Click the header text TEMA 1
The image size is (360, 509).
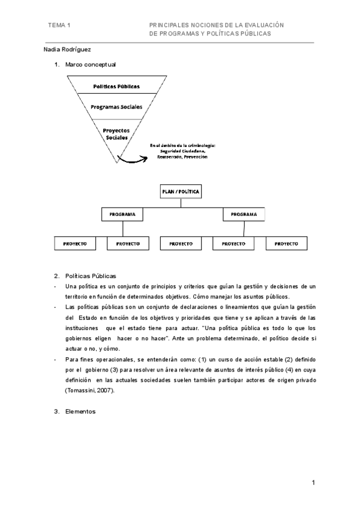tap(60, 25)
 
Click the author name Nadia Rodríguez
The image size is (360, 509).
tap(68, 50)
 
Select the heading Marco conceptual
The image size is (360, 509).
tap(91, 64)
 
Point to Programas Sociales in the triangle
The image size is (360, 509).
tap(116, 107)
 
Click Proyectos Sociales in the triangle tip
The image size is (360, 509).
tap(116, 133)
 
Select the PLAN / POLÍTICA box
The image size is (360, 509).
tap(180, 192)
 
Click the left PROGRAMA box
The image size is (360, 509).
tap(122, 214)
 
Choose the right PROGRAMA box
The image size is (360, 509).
tap(244, 214)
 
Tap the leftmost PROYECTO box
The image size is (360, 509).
tap(75, 244)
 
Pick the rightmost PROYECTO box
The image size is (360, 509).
tap(286, 244)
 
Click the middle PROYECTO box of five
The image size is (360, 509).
tap(181, 244)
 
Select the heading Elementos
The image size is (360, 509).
tap(80, 412)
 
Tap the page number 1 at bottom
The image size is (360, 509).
tap(313, 483)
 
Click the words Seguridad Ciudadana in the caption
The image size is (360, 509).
tap(182, 151)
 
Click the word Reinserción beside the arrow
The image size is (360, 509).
tap(170, 157)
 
